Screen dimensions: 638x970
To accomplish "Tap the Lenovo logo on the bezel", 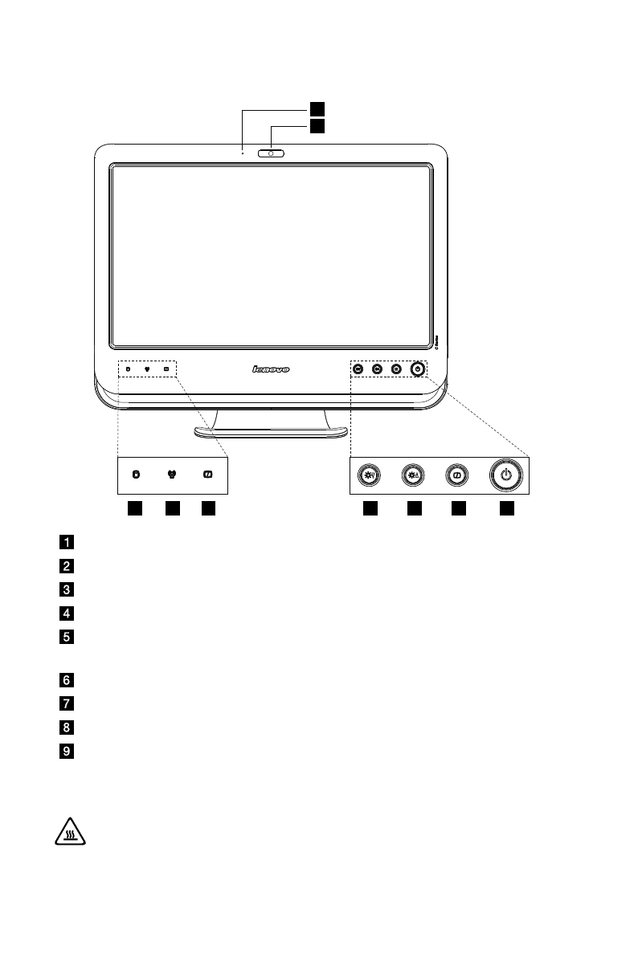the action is [271, 369].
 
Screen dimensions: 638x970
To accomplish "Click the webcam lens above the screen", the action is [272, 153].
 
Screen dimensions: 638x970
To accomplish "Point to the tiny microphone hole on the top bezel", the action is [242, 150].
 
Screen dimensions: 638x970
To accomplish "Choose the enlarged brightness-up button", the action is [413, 475].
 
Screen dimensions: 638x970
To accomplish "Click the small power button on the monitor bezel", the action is [416, 369].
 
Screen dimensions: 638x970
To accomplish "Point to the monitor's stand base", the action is [271, 433].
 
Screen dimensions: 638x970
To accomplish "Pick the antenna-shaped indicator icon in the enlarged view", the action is [171, 475].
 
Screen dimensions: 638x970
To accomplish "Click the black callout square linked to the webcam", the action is [317, 126].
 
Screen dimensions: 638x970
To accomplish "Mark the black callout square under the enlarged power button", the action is [506, 508].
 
